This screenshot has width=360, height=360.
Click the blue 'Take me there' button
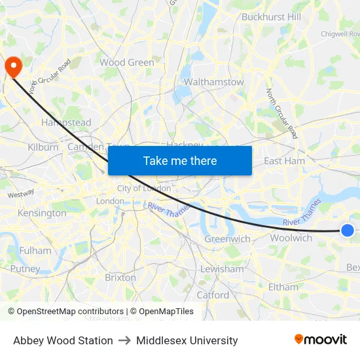coord(180,160)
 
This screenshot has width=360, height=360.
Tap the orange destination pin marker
coord(13,66)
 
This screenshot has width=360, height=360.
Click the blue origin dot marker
coord(348,230)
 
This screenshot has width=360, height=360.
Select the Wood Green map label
coord(127,63)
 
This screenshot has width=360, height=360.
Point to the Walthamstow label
coord(214,82)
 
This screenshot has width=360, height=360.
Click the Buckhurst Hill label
coord(272,17)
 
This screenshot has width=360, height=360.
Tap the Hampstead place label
coord(66,122)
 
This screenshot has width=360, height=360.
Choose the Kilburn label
coord(43,147)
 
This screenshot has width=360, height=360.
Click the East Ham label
coord(284,161)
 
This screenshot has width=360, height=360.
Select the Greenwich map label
coord(227,239)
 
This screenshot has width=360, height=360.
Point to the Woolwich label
coord(291,238)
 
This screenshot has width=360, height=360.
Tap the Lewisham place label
coord(222,269)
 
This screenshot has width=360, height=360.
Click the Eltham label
coord(283,287)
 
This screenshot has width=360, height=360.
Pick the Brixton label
coord(120,278)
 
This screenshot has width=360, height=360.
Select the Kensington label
coord(42,213)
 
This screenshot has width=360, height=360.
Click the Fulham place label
coord(35,251)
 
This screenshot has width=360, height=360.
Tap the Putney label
coord(25,268)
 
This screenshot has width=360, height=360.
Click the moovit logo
coord(321,340)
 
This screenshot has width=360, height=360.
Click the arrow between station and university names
coord(124,340)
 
